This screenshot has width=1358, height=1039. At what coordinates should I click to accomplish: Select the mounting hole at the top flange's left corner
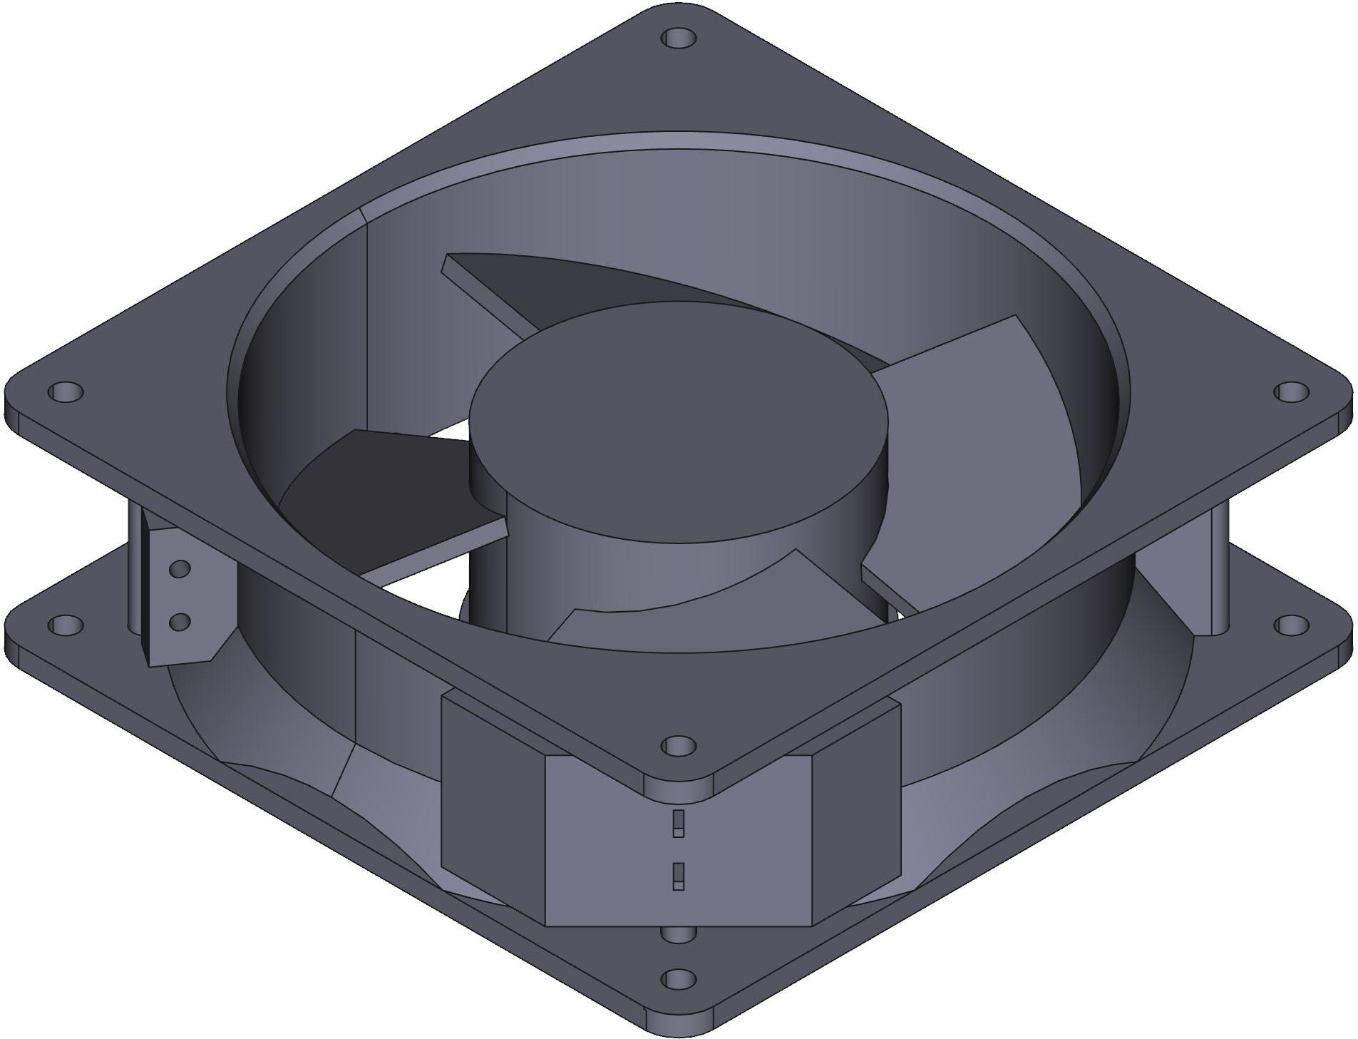pyautogui.click(x=66, y=391)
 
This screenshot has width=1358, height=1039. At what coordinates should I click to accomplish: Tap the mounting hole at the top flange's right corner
pyautogui.click(x=1290, y=391)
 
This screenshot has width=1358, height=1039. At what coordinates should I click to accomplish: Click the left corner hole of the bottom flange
pyautogui.click(x=66, y=625)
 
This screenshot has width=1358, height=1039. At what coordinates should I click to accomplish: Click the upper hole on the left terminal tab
pyautogui.click(x=180, y=568)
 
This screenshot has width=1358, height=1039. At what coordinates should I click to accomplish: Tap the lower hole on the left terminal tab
pyautogui.click(x=180, y=621)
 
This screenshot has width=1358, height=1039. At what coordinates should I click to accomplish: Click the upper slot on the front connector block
pyautogui.click(x=678, y=823)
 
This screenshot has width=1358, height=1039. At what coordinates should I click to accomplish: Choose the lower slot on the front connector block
pyautogui.click(x=678, y=876)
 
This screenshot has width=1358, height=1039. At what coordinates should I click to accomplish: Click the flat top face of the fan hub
pyautogui.click(x=677, y=428)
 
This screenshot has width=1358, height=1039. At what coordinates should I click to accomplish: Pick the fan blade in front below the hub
pyautogui.click(x=713, y=606)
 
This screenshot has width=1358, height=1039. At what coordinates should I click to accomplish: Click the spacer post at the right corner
pyautogui.click(x=1219, y=570)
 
